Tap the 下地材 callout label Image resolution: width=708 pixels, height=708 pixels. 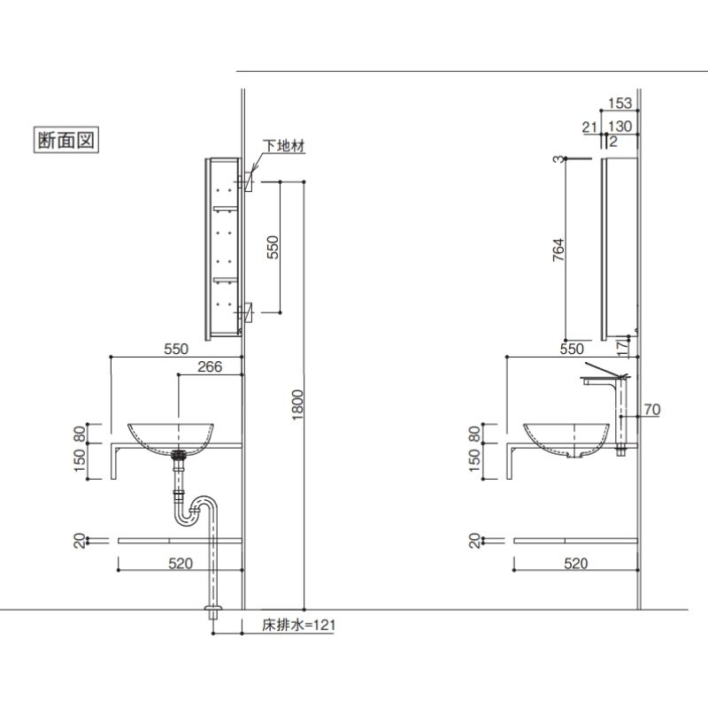click(283, 147)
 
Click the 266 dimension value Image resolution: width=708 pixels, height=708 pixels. click(210, 366)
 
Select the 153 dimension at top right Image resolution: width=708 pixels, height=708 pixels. click(621, 104)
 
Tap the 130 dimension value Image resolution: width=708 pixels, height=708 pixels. click(621, 127)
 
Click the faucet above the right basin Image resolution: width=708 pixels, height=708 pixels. click(611, 381)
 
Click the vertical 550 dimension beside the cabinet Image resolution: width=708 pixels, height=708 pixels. click(273, 246)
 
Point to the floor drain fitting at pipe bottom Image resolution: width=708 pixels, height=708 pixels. click(212, 615)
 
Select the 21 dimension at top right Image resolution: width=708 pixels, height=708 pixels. click(589, 127)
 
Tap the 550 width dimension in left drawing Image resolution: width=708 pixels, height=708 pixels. click(176, 349)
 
